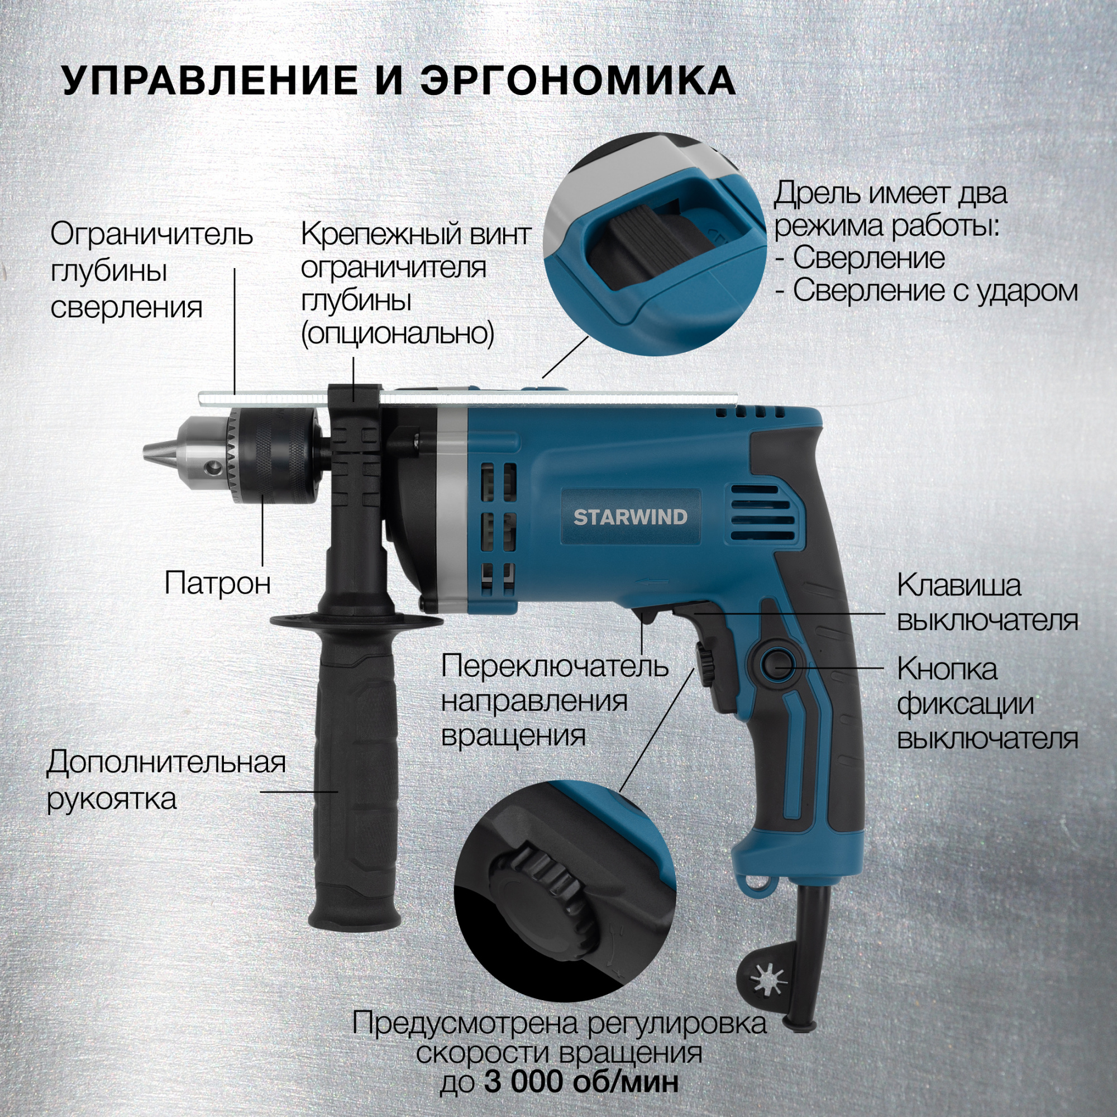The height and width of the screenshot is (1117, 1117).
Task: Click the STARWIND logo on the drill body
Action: click(630, 516)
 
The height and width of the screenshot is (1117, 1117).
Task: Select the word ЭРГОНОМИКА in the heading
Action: click(578, 80)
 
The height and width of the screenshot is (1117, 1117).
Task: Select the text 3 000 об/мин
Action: click(581, 1081)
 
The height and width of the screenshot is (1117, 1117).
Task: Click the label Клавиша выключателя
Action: click(987, 603)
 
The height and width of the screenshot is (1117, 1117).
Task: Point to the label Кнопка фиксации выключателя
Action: click(987, 704)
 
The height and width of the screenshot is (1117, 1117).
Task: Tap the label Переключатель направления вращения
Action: click(555, 701)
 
